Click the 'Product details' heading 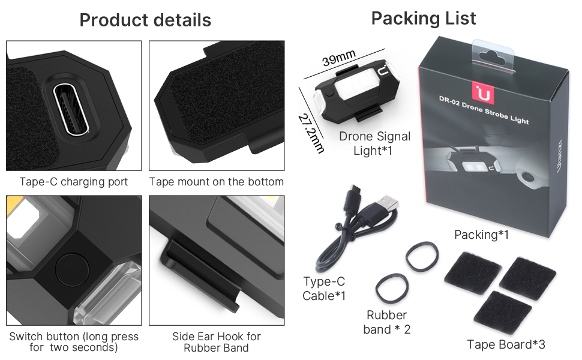click(145, 20)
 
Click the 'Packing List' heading click(424, 18)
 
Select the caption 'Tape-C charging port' click(74, 181)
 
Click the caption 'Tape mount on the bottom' click(217, 181)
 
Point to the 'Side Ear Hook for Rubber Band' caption click(216, 342)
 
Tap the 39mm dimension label click(339, 60)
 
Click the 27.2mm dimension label click(311, 131)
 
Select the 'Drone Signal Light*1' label click(374, 143)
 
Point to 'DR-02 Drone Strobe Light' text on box click(484, 109)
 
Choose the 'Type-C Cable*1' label click(324, 289)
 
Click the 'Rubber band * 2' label click(387, 322)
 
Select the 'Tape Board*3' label click(506, 344)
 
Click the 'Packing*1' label click(482, 235)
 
